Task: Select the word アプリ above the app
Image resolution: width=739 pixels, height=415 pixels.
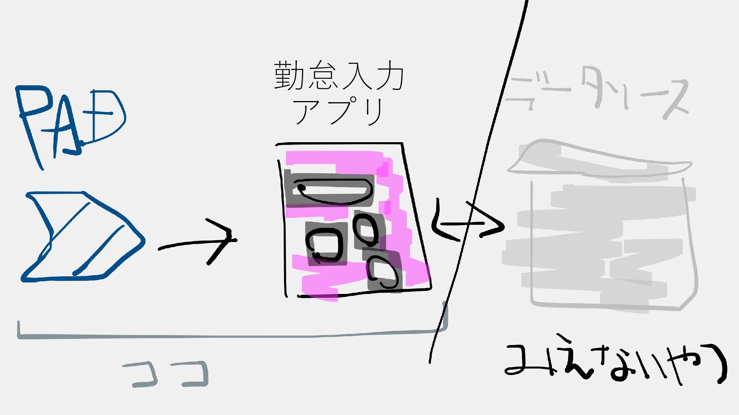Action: tap(339, 111)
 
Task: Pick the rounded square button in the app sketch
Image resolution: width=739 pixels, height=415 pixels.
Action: tap(326, 244)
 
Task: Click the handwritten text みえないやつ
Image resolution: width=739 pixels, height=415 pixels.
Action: tap(616, 363)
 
